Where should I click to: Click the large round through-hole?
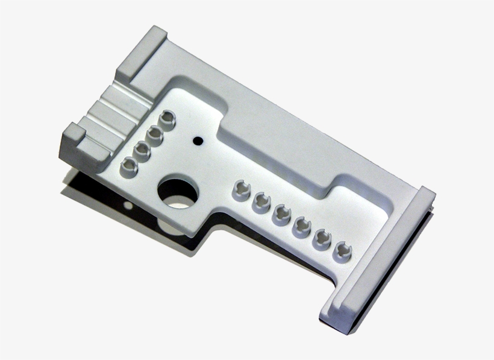(x=178, y=192)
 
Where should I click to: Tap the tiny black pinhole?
(x=197, y=141)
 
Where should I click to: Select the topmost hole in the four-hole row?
(x=167, y=118)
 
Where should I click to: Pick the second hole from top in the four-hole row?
(x=155, y=133)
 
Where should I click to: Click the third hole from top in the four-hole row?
(x=142, y=149)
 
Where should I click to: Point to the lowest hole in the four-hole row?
(x=129, y=165)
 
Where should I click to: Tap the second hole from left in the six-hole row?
(x=261, y=201)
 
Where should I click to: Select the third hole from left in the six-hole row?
(x=281, y=213)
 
